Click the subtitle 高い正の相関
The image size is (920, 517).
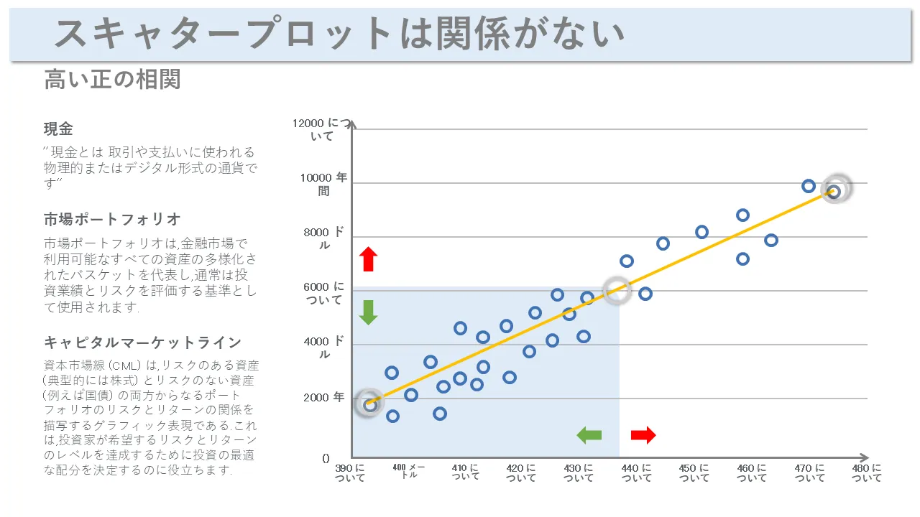[x=112, y=79]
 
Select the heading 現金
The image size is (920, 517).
[x=58, y=129]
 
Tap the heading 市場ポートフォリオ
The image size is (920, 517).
[x=112, y=219]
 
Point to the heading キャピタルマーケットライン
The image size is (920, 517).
[x=142, y=343]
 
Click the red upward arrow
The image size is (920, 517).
[x=369, y=259]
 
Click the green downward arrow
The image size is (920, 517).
[x=369, y=312]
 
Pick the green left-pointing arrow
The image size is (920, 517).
[x=589, y=434]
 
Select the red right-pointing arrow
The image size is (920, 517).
[x=643, y=434]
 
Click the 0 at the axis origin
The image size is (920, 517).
[x=326, y=458]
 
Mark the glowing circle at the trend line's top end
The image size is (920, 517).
[x=836, y=189]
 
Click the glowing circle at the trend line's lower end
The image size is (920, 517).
[x=369, y=404]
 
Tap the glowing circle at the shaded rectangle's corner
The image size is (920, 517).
[x=616, y=290]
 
